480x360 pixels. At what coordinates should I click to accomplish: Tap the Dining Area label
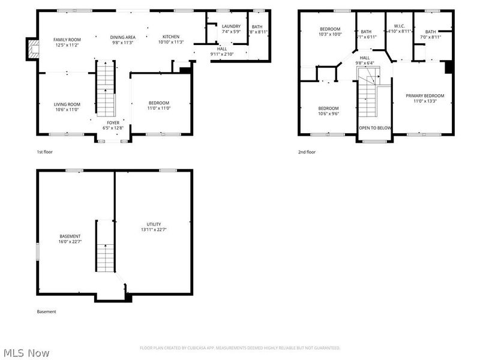[x=122, y=37]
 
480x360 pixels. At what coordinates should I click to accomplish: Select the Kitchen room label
[x=171, y=37]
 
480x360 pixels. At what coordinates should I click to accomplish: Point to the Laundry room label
[x=231, y=26]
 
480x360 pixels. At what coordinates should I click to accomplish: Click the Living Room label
[x=67, y=104]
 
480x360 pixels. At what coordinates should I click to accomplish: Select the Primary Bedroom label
[x=425, y=96]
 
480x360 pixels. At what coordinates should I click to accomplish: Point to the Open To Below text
[x=375, y=128]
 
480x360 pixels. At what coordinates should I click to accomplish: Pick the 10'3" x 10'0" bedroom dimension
[x=330, y=35]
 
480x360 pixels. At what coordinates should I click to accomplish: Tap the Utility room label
[x=154, y=224]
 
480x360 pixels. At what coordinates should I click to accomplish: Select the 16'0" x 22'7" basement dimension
[x=70, y=242]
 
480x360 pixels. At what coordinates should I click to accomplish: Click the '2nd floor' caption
[x=307, y=152]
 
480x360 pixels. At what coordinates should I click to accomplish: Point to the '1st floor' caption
[x=45, y=152]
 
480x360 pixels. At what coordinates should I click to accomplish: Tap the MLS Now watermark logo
[x=25, y=352]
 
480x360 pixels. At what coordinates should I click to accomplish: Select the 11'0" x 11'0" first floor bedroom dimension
[x=159, y=108]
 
